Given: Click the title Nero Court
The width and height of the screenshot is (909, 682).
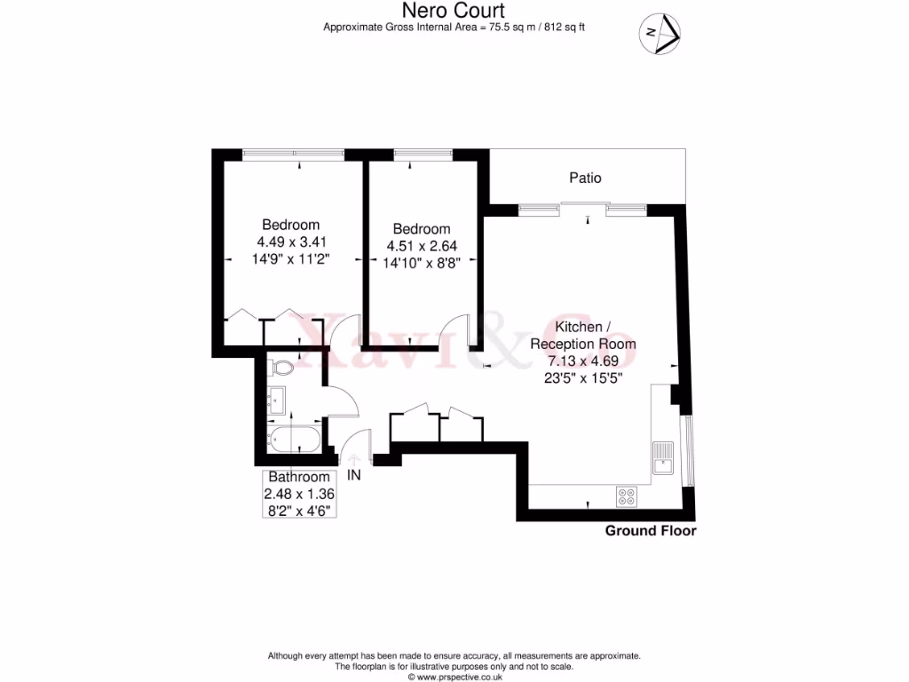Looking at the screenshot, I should click(x=454, y=11).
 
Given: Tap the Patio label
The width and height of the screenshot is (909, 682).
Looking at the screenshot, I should click(x=585, y=178).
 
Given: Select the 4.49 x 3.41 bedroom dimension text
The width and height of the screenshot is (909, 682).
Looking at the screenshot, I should click(x=292, y=242).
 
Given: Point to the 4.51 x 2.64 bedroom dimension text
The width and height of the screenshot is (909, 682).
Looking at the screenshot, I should click(x=422, y=246).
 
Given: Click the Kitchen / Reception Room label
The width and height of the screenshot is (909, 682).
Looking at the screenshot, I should click(x=582, y=335).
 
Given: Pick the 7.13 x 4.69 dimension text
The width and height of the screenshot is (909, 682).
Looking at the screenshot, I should click(x=582, y=361).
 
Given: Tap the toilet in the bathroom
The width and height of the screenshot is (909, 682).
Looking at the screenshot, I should click(x=282, y=367).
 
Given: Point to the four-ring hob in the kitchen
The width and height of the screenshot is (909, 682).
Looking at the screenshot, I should click(x=626, y=496).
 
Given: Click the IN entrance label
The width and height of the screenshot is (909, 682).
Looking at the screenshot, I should click(x=354, y=475).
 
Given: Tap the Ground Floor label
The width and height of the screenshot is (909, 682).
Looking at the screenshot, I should click(x=650, y=531).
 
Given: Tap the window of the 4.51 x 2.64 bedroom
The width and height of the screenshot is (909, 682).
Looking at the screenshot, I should click(x=422, y=155).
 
